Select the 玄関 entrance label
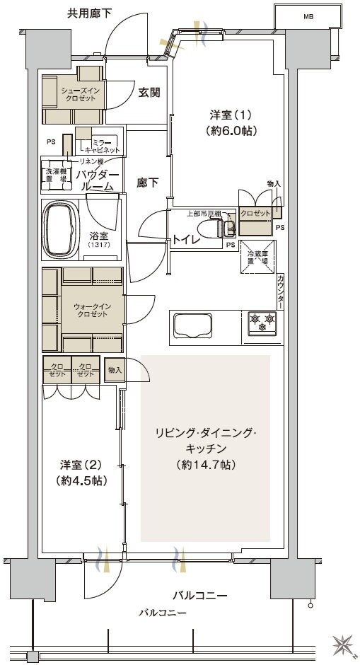tap(148, 91)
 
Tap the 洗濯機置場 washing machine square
tap(57, 175)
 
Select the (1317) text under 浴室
tap(98, 245)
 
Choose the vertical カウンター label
tap(281, 291)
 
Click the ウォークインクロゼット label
tap(92, 310)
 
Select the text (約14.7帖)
tap(206, 465)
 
